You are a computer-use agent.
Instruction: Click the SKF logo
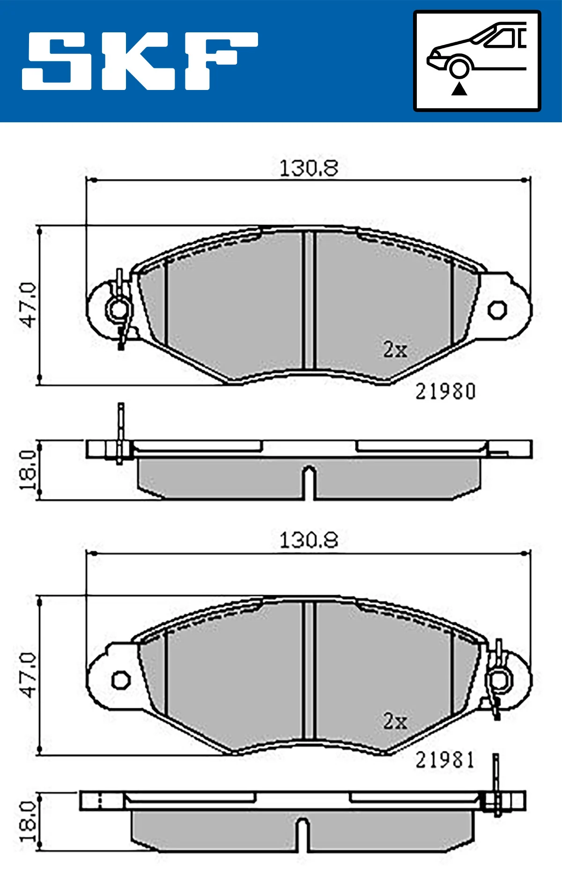coord(140,61)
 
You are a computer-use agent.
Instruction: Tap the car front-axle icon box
coord(477,61)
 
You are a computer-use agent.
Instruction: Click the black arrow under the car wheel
coord(459,89)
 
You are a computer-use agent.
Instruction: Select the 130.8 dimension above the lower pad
coord(308,540)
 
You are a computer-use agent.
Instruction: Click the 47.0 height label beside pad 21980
coord(28,305)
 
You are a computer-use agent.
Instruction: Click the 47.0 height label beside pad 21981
coord(28,675)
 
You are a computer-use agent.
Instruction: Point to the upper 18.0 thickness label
coord(28,470)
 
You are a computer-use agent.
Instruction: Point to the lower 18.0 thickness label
coord(28,821)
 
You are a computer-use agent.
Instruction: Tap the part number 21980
coord(445,392)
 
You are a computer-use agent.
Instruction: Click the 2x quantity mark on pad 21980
coord(395,350)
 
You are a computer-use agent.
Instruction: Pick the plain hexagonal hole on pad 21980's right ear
coord(497,309)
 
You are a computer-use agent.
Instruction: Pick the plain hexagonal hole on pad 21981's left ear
coord(121,680)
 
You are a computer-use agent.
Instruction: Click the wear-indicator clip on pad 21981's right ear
coord(498,680)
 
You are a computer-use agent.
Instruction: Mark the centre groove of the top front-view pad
coord(309,300)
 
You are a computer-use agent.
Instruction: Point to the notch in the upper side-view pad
coord(309,480)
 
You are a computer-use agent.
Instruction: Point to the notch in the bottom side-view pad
coord(303,833)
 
